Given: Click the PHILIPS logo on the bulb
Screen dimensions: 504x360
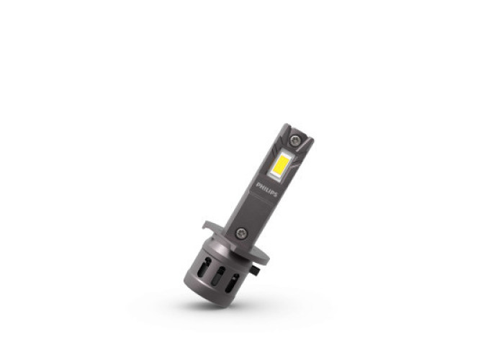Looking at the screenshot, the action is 266,189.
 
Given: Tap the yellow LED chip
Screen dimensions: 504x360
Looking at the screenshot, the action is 282,163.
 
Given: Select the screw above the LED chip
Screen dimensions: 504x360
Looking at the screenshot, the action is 295,140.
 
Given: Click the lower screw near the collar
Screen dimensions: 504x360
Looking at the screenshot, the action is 241,233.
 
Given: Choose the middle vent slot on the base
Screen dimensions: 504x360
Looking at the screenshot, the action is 218,275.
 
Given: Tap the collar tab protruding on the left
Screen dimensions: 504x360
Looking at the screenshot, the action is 210,225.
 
